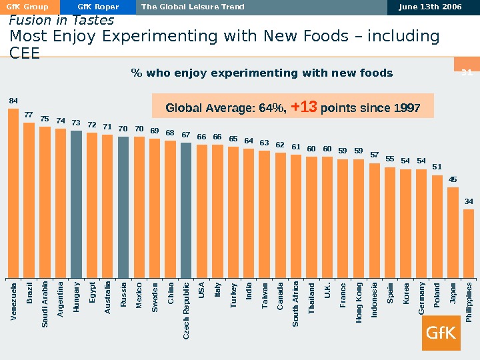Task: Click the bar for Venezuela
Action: pos(13,193)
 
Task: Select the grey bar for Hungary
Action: pos(76,203)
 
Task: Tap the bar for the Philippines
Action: pos(469,243)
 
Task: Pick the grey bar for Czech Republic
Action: pos(186,209)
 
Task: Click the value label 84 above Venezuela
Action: pos(13,101)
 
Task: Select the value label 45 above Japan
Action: pos(453,179)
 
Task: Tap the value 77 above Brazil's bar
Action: pos(29,115)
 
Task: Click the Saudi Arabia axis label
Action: pos(45,305)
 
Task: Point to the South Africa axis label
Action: pos(296,304)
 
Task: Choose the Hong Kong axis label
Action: pos(359,304)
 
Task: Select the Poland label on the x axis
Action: pos(437,297)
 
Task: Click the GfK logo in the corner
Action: pos(441,332)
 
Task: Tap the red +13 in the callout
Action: pos(304,107)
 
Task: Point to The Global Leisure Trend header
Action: pos(193,7)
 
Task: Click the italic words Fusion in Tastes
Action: pos(61,21)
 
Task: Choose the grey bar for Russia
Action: pos(123,207)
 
